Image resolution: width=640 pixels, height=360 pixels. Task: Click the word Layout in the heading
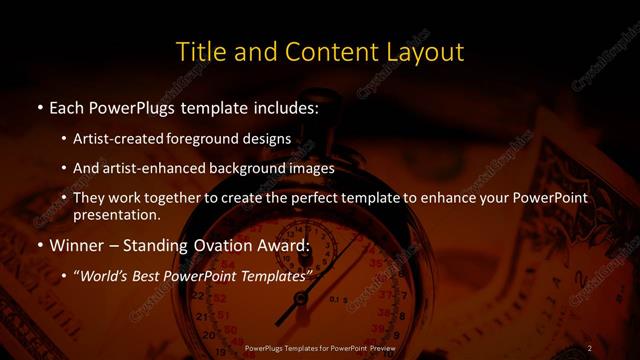click(424, 50)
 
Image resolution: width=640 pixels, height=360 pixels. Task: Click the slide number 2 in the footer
click(590, 347)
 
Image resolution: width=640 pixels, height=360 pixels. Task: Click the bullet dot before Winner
click(38, 245)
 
